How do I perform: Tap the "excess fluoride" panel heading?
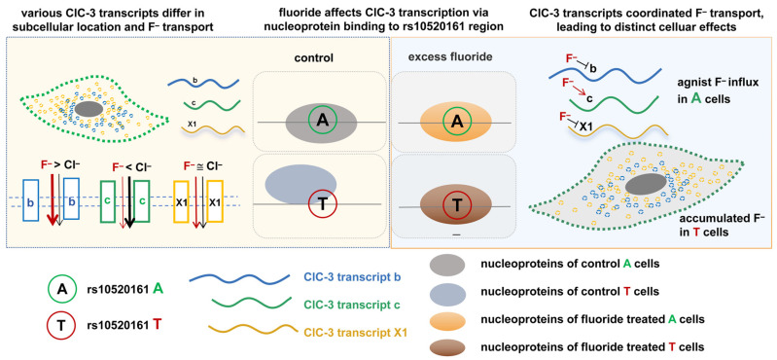[x=450, y=57]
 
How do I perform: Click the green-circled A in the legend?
[x=62, y=289]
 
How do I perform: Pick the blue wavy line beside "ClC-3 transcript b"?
[x=240, y=278]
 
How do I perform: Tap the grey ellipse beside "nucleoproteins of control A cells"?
[x=447, y=265]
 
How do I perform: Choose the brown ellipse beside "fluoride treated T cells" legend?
[x=447, y=345]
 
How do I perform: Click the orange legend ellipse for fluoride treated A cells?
[x=447, y=318]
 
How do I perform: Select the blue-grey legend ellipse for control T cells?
[x=447, y=292]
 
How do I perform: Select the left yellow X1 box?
[x=182, y=203]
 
